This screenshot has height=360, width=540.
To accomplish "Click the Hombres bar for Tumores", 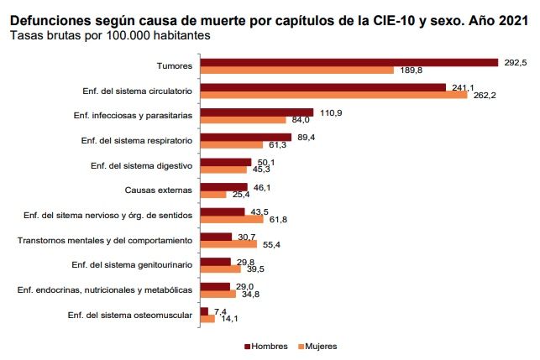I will (x=349, y=61).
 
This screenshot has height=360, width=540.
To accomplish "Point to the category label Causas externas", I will (x=159, y=190).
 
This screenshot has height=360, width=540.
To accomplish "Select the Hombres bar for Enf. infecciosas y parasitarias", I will (x=257, y=112).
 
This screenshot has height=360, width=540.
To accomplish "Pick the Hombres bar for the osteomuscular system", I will (x=204, y=310).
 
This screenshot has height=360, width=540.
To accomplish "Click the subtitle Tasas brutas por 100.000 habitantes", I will (x=109, y=36).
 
